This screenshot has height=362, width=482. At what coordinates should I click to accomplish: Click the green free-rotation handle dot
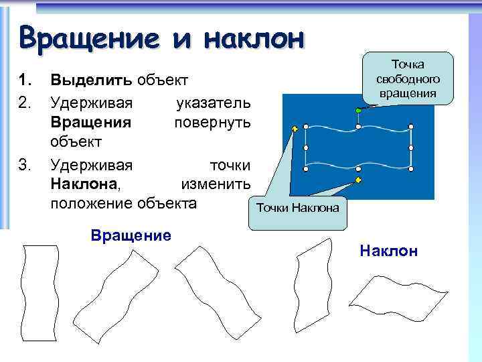point(359,110)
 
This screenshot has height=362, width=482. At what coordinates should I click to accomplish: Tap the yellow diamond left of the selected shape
point(294,127)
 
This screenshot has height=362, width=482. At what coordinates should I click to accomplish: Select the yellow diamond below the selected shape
point(359,180)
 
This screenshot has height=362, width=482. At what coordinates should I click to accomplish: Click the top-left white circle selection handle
point(306,126)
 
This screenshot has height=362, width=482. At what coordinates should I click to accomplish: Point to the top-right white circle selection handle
point(411,126)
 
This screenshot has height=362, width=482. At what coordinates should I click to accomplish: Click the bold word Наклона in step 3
point(84,184)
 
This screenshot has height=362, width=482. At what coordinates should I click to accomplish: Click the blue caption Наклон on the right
point(388,251)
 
